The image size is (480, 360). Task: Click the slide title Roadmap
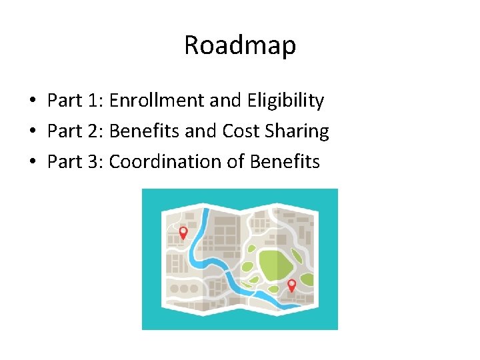coord(240,45)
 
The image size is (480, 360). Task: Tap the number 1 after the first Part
coord(93,101)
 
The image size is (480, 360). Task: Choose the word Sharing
coord(296,132)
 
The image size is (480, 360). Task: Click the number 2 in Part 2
coord(93,131)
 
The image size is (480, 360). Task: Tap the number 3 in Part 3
coord(93,162)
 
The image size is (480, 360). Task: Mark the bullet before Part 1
coord(32,101)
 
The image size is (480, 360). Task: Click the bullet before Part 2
coord(32,132)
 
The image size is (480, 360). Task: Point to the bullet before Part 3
coord(32,163)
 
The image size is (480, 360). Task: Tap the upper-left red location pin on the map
coord(183,233)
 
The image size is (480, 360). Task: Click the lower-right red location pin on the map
coord(291,285)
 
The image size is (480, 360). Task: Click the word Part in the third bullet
coord(64,162)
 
